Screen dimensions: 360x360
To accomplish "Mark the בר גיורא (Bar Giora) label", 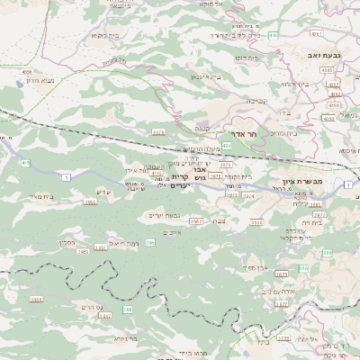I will coord(119,339).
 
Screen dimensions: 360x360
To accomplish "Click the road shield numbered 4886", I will coord(26,71).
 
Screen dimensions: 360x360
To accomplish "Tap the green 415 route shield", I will coord(25,163).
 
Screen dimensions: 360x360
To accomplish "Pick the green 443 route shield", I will coord(273,35).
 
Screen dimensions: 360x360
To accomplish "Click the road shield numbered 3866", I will coord(90,202).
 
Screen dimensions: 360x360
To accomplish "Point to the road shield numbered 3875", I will coord(281,273).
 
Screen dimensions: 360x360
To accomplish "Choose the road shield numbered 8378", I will coord(158,132).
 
